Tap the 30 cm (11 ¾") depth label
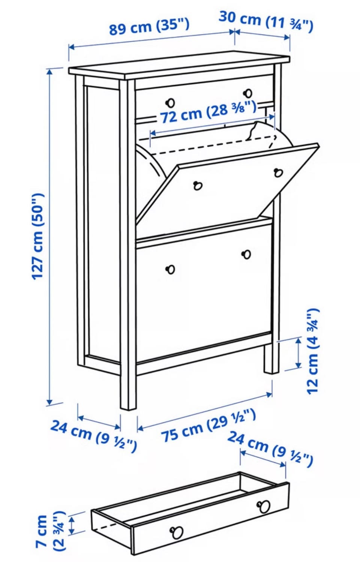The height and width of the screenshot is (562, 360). point(266,22)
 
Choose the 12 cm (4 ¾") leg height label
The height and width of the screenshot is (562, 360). point(313,351)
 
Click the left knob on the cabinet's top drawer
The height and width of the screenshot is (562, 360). point(171,102)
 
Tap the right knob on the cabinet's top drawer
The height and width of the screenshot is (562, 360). point(248,93)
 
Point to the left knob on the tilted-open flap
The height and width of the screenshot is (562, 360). point(198,186)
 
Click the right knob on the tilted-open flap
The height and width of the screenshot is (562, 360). point(278,173)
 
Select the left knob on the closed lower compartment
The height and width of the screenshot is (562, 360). point(171,269)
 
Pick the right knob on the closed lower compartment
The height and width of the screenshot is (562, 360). point(246,254)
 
